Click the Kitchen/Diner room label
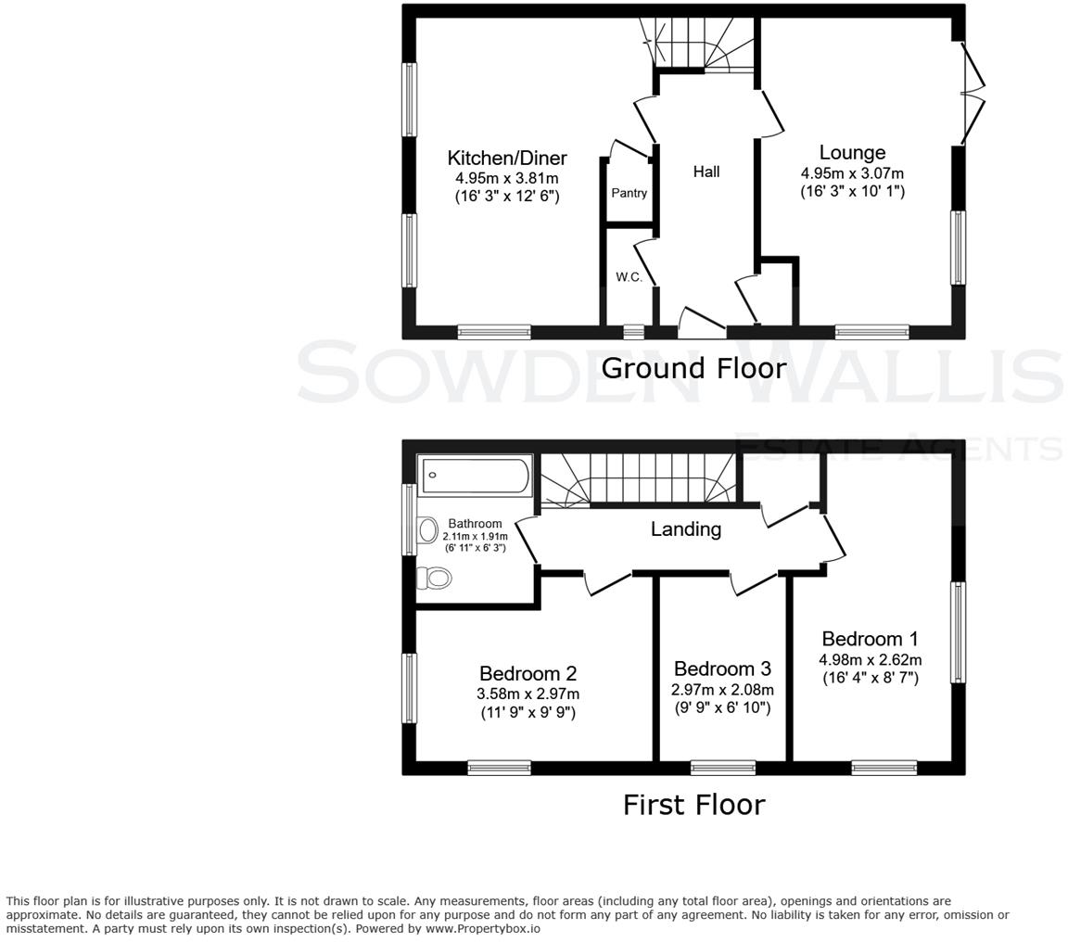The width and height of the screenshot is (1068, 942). (506, 158)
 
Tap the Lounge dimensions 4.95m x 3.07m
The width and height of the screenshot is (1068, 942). (852, 173)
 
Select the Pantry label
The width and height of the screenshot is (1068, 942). (629, 194)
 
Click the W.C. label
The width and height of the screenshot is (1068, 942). (629, 277)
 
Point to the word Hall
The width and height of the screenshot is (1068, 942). (706, 172)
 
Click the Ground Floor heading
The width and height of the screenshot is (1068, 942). (693, 368)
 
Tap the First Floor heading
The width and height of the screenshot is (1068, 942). (693, 804)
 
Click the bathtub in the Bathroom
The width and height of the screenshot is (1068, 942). (475, 477)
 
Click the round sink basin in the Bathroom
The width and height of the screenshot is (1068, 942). (427, 530)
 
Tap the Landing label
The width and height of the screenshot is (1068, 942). (685, 529)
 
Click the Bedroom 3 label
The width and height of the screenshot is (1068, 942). (722, 668)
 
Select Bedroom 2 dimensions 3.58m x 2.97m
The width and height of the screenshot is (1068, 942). (528, 694)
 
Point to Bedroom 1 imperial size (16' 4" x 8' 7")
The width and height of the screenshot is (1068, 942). (870, 678)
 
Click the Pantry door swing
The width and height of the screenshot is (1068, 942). (628, 151)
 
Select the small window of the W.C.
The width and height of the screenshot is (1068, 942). (633, 331)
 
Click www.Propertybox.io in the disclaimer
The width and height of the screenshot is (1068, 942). (482, 928)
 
